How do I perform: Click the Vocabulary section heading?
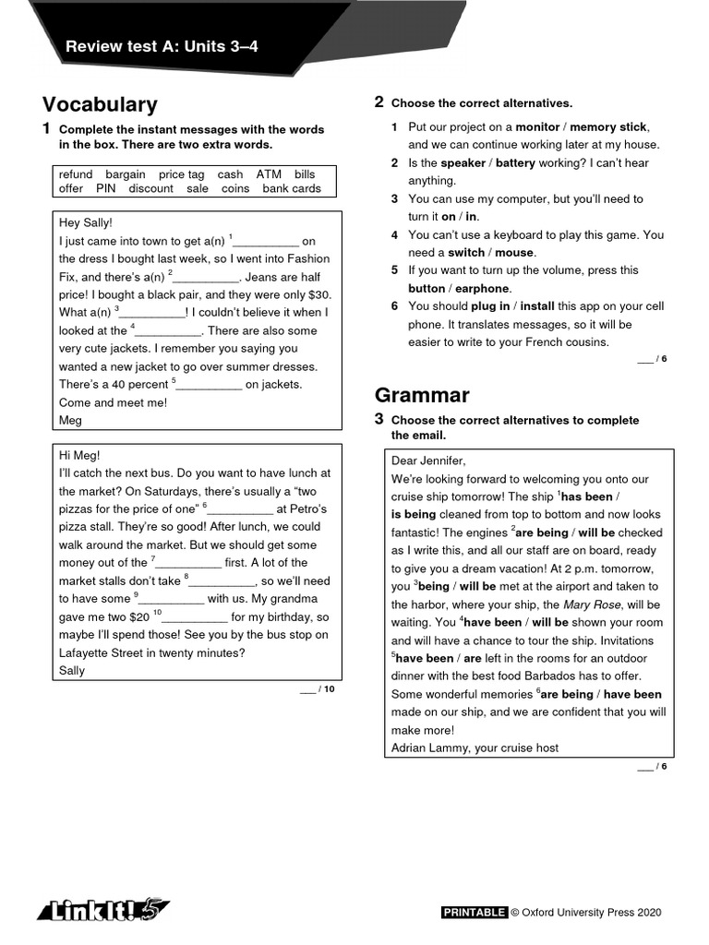tap(100, 105)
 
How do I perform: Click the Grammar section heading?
tap(422, 395)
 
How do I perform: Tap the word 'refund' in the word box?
tap(76, 173)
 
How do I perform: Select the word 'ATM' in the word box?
tap(269, 173)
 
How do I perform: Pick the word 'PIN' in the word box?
tap(106, 188)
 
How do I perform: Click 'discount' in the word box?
tap(150, 188)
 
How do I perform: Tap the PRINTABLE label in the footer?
tap(475, 913)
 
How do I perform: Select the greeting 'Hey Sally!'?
tap(85, 222)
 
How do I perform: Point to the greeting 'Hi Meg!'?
tap(79, 455)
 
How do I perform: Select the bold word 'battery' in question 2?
tap(522, 163)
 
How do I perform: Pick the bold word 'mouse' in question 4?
tap(514, 253)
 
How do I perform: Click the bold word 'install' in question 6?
tap(536, 306)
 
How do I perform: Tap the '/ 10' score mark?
tap(327, 688)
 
